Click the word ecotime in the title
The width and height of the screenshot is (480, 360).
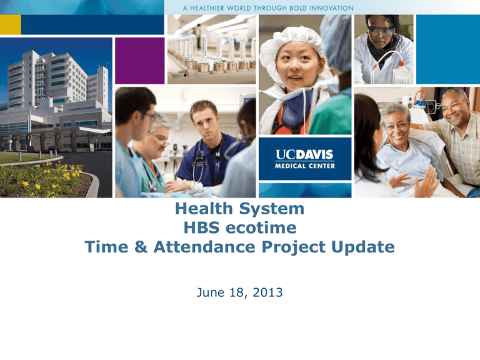(x=261, y=227)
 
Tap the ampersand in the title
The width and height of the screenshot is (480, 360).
(x=141, y=247)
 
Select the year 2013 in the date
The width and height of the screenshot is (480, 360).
(x=268, y=292)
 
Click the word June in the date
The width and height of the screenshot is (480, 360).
(x=211, y=292)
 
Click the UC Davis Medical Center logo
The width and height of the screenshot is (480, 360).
(x=305, y=159)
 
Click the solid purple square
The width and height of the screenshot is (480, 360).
(x=139, y=61)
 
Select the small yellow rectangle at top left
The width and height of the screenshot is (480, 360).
(x=11, y=24)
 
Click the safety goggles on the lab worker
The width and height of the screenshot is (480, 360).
(x=381, y=31)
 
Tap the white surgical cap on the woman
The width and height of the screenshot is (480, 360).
(x=292, y=46)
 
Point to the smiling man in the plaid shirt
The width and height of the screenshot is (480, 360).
(x=456, y=135)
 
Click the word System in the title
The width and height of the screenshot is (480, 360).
(x=271, y=209)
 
